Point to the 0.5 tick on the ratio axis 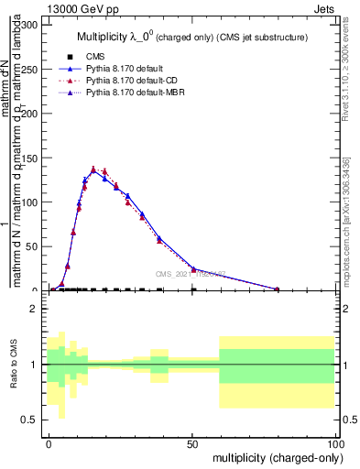pos(33,420)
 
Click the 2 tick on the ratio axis pos(38,310)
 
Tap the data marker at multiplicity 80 pos(278,289)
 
